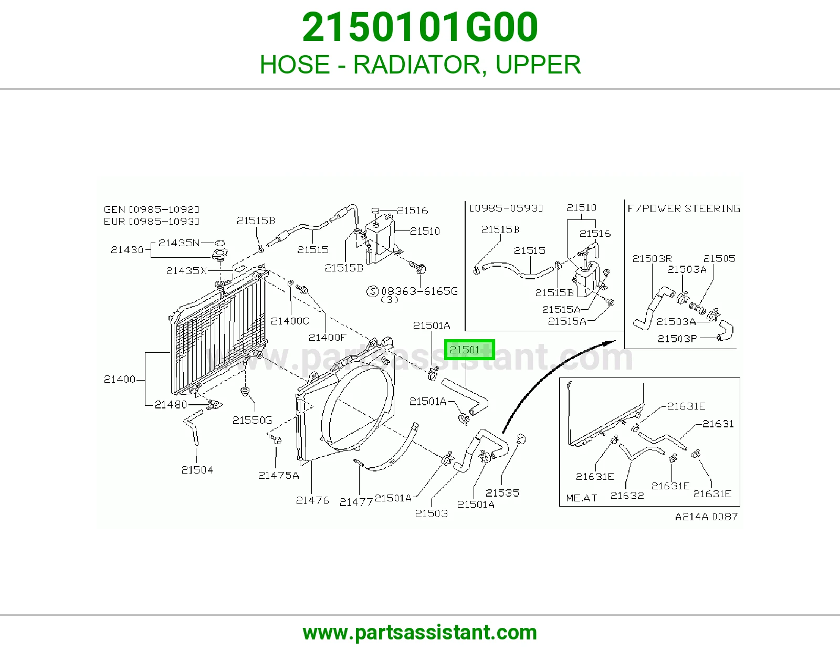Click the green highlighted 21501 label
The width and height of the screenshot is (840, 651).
pyautogui.click(x=469, y=350)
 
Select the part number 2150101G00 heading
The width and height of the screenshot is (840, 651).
pyautogui.click(x=420, y=27)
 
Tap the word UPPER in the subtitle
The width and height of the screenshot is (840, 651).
pyautogui.click(x=538, y=65)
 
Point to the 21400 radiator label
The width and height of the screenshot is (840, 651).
pyautogui.click(x=120, y=379)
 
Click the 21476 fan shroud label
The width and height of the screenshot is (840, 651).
pyautogui.click(x=312, y=500)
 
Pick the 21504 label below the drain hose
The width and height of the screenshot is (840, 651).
pyautogui.click(x=197, y=470)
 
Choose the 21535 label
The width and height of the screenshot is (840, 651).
pyautogui.click(x=502, y=492)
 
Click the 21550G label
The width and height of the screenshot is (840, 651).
pyautogui.click(x=252, y=420)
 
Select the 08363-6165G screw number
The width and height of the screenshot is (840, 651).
pyautogui.click(x=419, y=291)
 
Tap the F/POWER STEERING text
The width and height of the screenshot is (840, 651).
pyautogui.click(x=684, y=209)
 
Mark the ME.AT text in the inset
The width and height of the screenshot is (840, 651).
pyautogui.click(x=581, y=498)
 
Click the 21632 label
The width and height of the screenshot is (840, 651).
pyautogui.click(x=627, y=495)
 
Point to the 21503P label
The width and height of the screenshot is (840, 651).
pyautogui.click(x=677, y=339)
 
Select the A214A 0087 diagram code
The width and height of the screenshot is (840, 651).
pyautogui.click(x=706, y=517)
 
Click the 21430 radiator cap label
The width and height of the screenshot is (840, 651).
pyautogui.click(x=127, y=250)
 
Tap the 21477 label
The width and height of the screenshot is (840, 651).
pyautogui.click(x=356, y=502)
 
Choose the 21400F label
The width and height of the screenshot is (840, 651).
pyautogui.click(x=327, y=338)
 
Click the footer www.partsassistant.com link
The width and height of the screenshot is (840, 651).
pyautogui.click(x=420, y=633)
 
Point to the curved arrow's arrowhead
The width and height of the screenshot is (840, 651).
pyautogui.click(x=610, y=342)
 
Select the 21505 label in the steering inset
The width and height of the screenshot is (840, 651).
pyautogui.click(x=719, y=258)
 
